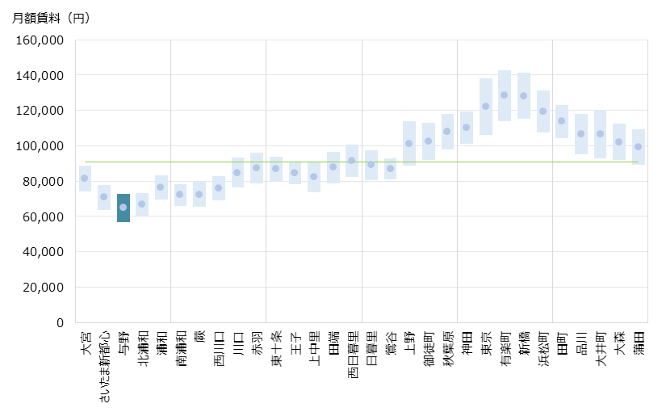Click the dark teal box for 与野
tap(123, 208)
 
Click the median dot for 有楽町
tap(505, 95)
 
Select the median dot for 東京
tap(486, 106)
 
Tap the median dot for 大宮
tap(85, 178)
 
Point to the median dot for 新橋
tap(523, 95)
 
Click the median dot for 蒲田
tap(638, 146)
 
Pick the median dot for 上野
tap(409, 143)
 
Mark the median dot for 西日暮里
tap(351, 160)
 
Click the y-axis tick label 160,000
tap(40, 40)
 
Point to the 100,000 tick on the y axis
tap(40, 145)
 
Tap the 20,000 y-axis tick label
tap(44, 287)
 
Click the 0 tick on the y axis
tap(60, 322)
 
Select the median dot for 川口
tap(237, 172)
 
